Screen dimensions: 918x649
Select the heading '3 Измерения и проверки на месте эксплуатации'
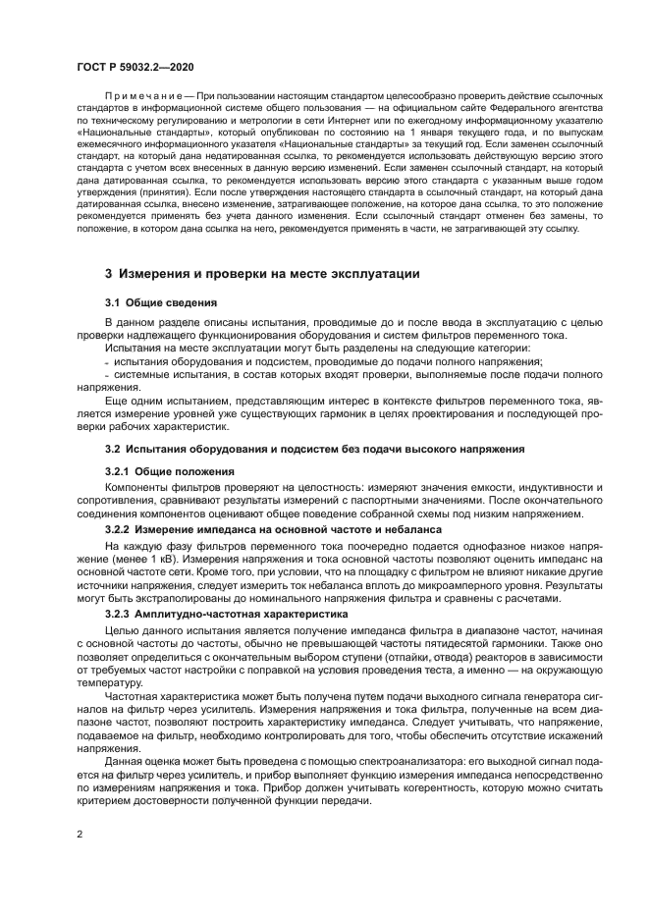point(262,274)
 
